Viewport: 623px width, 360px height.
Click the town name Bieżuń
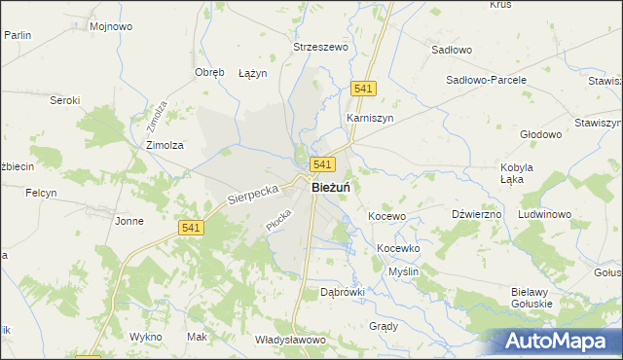pyautogui.click(x=331, y=188)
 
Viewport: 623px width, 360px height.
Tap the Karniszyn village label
pyautogui.click(x=369, y=118)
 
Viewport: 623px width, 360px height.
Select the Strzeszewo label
pyautogui.click(x=321, y=46)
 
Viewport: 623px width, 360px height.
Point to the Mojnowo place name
pyautogui.click(x=110, y=26)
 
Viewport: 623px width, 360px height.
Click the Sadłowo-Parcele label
pyautogui.click(x=486, y=80)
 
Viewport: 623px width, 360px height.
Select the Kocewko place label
pyautogui.click(x=397, y=248)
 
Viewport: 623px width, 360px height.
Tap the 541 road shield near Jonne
pyautogui.click(x=191, y=227)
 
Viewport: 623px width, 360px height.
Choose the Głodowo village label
pyautogui.click(x=542, y=134)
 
